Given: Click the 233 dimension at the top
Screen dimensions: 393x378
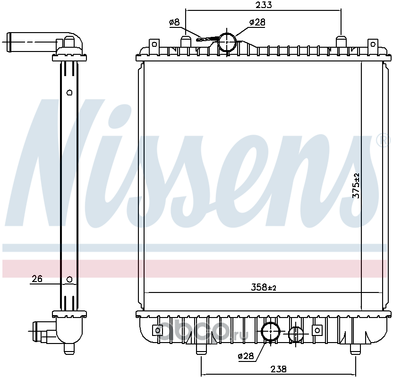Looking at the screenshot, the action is pos(264,5).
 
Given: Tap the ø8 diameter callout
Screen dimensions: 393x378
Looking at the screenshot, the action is pos(174,23).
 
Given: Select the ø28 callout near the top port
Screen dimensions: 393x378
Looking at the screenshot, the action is pos(257,22).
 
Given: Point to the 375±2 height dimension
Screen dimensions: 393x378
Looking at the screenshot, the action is pos(356,186).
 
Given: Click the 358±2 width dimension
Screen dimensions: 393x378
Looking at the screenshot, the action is pos(264,287).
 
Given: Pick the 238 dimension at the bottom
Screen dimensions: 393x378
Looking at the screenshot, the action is pos(278,369).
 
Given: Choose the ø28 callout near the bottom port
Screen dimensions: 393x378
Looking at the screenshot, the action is pos(246,356).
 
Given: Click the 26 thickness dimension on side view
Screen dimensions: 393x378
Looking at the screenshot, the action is pos(37,279).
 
